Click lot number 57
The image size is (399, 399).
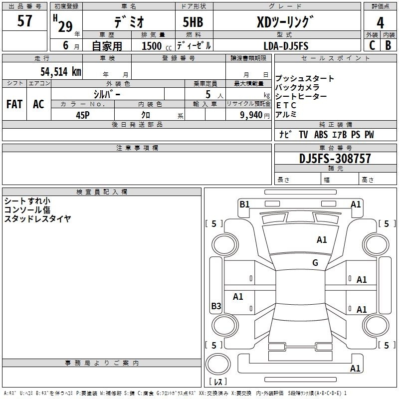point(24,20)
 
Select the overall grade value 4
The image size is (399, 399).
point(380,23)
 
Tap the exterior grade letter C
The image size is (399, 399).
point(372,45)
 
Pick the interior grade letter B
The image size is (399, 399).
point(388,45)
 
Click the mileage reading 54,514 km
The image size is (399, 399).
point(61,71)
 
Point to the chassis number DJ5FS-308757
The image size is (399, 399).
point(335,159)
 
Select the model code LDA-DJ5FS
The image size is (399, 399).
point(286,46)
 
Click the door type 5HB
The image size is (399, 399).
point(193,22)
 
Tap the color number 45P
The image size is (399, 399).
point(82,115)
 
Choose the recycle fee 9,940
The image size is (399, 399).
point(251,115)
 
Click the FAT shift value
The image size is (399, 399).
point(14,104)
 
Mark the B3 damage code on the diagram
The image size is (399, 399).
point(216,306)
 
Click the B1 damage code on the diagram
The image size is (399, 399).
point(244,204)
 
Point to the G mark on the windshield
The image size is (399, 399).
point(315,262)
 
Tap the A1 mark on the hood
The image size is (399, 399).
point(322,240)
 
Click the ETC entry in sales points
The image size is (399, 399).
point(286,105)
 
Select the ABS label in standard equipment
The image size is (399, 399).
point(321,135)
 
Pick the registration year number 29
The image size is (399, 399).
point(65,26)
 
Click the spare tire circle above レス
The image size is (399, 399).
point(218,364)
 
